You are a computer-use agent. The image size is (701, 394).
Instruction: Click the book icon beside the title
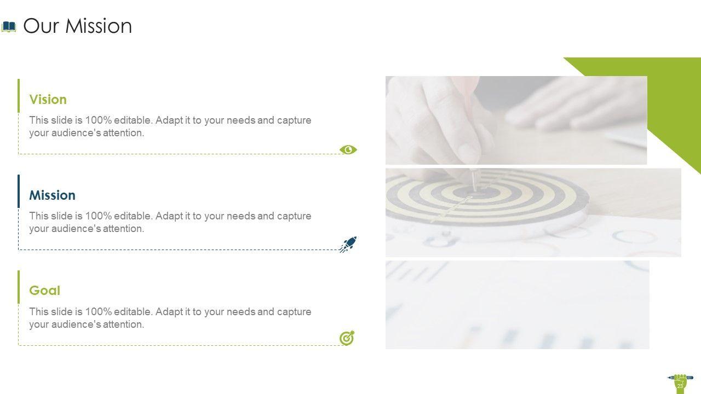9,27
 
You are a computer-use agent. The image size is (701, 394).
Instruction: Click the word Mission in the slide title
99,26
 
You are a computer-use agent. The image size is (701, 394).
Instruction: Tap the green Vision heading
48,100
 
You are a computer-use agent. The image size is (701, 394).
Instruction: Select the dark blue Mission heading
52,195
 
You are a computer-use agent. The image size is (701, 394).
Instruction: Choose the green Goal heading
44,291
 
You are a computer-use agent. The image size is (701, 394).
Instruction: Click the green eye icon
348,150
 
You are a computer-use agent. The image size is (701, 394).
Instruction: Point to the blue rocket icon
348,244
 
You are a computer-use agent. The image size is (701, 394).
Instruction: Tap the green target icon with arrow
347,338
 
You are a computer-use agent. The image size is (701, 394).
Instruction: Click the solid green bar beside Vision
19,96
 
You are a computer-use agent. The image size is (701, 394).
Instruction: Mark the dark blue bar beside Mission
19,192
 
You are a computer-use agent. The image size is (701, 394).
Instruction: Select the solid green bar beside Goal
19,287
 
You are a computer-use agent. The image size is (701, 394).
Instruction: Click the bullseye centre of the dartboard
475,192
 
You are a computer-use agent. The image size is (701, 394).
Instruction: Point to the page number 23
680,386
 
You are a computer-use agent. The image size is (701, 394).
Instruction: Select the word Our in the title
41,26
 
